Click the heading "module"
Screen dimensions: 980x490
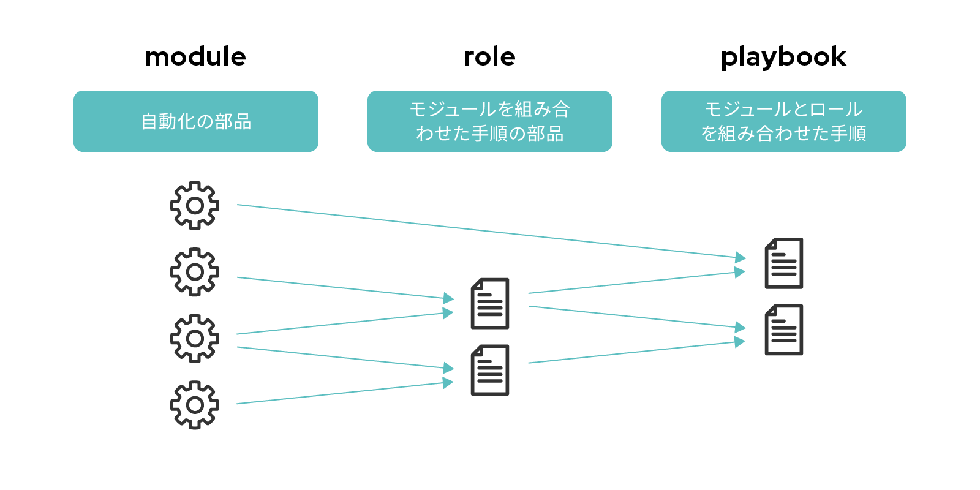195,57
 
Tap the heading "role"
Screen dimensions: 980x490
489,57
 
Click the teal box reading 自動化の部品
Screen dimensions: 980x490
196,121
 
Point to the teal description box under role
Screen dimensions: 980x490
490,121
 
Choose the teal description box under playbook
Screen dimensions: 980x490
784,121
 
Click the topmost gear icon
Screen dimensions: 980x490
195,206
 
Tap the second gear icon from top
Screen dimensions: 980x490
195,272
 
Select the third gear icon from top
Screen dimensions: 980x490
195,339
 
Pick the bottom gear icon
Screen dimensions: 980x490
195,405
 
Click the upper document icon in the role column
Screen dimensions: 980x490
490,303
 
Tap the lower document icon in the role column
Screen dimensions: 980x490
490,370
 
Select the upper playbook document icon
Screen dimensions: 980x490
784,263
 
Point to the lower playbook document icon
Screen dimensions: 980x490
784,330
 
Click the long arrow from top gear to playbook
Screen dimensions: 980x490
491,231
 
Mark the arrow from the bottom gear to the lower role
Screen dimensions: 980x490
345,393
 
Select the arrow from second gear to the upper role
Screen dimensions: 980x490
345,288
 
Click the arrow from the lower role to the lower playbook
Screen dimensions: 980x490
637,352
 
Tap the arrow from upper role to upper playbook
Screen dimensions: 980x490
637,282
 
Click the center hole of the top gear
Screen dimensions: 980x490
195,206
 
